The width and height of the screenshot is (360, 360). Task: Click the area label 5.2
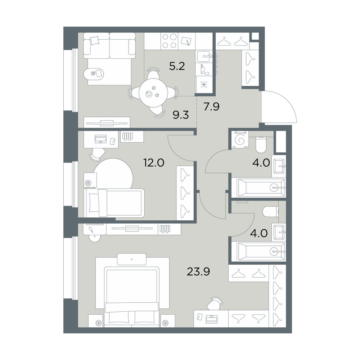tap(177, 67)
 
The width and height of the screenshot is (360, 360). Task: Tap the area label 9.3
tap(181, 114)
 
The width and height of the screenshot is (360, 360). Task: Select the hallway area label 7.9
tap(212, 107)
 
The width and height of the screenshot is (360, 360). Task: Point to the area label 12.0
tap(154, 163)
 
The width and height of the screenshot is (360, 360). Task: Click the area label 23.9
tap(198, 272)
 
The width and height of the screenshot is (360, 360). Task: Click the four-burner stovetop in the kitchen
tap(170, 41)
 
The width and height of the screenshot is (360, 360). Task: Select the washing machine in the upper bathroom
tap(240, 140)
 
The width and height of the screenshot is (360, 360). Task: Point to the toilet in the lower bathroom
tap(270, 211)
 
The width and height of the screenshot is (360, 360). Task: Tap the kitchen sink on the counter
tap(204, 56)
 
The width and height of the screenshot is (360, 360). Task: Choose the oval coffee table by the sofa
tap(94, 73)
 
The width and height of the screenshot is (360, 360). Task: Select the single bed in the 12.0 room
tap(114, 203)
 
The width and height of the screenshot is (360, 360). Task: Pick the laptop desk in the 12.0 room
tap(101, 140)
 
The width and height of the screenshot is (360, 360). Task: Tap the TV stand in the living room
tap(107, 122)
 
